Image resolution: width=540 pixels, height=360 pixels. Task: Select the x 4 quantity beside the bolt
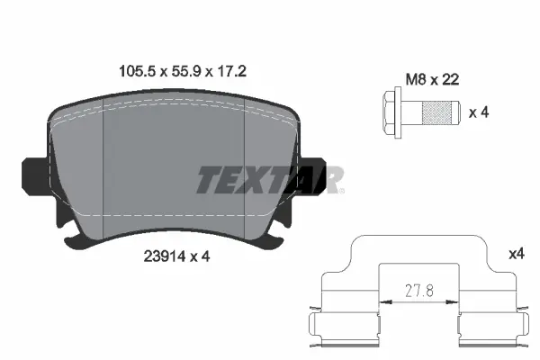click(479, 112)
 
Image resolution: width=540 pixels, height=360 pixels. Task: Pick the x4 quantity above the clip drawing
click(516, 255)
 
